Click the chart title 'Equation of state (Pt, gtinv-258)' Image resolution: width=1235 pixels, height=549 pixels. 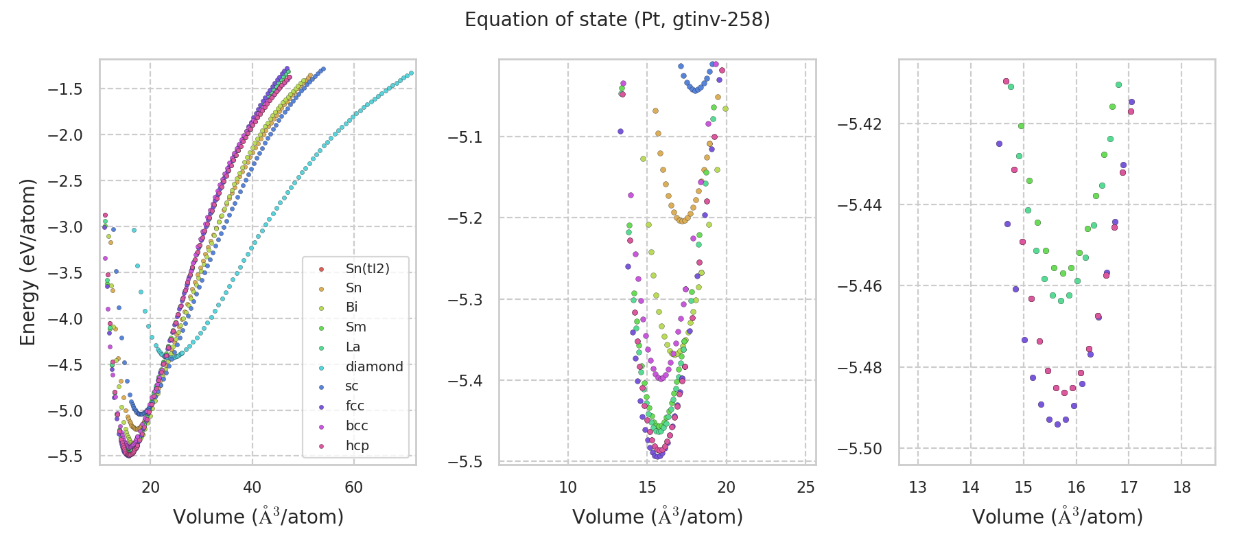coord(617,20)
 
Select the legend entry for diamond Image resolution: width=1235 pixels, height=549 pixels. coord(374,366)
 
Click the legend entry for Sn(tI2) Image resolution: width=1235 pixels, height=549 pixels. coord(367,268)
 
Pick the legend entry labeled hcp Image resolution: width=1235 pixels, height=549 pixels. coord(357,445)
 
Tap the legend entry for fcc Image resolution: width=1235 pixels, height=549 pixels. coord(355,406)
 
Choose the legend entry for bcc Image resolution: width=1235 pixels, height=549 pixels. coord(357,425)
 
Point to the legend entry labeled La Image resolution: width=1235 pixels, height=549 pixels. coord(353,347)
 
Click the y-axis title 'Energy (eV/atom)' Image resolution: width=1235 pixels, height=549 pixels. coord(27,262)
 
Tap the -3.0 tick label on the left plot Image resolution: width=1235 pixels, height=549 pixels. coord(64,227)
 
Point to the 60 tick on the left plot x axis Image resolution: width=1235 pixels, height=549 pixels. coord(354,487)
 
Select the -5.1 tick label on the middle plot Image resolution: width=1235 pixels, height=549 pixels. coord(465,137)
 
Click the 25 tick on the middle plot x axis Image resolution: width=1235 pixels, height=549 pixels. coord(805,487)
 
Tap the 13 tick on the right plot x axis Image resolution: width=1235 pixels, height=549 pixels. coord(917,487)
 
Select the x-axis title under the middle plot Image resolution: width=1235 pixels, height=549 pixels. coord(657,517)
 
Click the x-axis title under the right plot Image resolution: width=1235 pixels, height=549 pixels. coord(1057,517)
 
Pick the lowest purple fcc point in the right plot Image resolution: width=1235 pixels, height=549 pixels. coord(1057,424)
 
